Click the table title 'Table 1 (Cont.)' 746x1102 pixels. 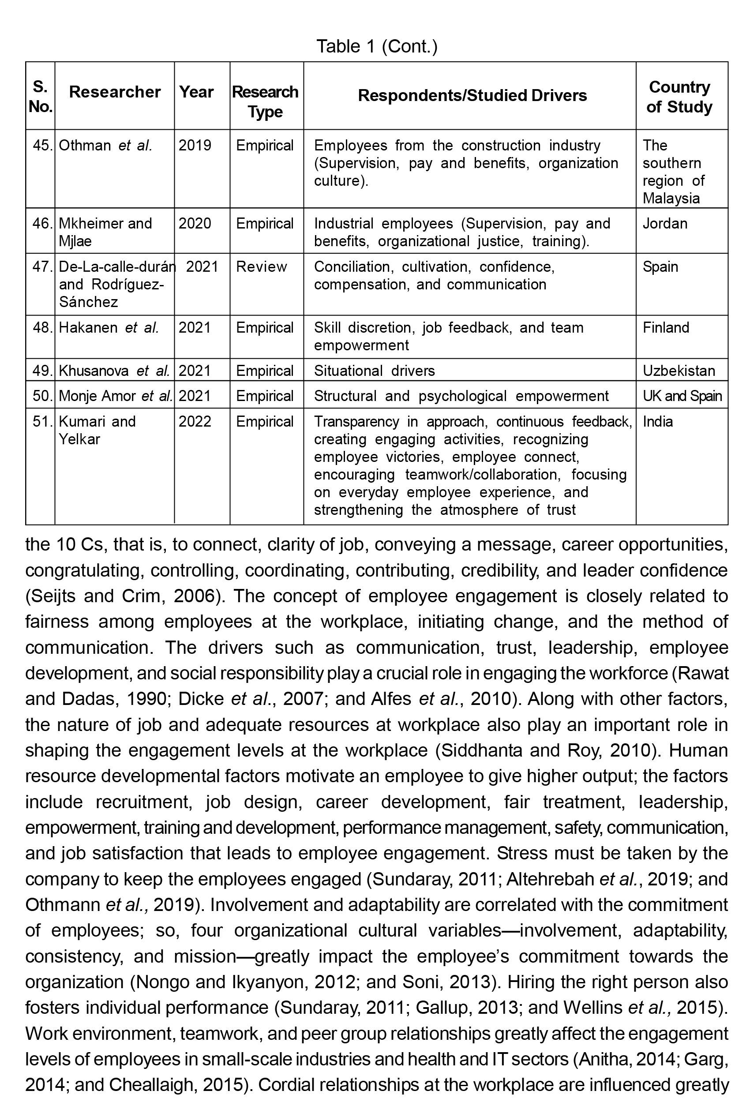click(x=377, y=46)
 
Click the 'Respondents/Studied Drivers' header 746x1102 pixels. click(x=472, y=95)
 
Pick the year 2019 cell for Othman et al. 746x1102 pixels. click(x=195, y=145)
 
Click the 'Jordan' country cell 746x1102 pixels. click(x=664, y=223)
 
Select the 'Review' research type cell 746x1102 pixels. click(x=261, y=266)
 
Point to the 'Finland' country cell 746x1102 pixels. click(x=665, y=328)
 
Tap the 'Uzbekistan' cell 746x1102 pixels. click(x=678, y=370)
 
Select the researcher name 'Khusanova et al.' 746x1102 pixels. click(x=114, y=370)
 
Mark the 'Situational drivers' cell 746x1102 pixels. click(x=374, y=370)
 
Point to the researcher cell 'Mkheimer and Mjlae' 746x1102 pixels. click(x=105, y=232)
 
